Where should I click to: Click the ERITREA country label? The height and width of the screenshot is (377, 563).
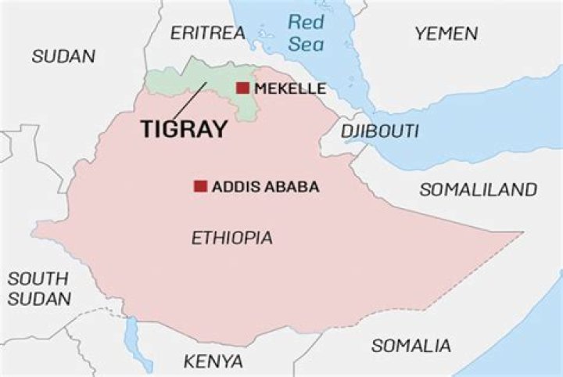[207, 33]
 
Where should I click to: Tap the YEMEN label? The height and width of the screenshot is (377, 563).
[446, 33]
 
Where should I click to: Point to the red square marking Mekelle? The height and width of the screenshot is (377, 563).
[242, 88]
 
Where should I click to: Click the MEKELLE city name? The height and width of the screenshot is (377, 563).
[290, 88]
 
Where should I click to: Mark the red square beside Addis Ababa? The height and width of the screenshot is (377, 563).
[200, 186]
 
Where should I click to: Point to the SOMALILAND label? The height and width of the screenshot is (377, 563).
[479, 189]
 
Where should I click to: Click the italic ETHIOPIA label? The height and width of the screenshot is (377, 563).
[232, 238]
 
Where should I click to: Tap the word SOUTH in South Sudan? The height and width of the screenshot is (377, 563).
[38, 278]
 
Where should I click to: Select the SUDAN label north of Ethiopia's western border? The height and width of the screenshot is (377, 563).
[63, 56]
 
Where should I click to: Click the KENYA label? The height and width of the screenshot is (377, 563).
[213, 361]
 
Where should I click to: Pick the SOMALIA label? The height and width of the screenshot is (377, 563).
[411, 345]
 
